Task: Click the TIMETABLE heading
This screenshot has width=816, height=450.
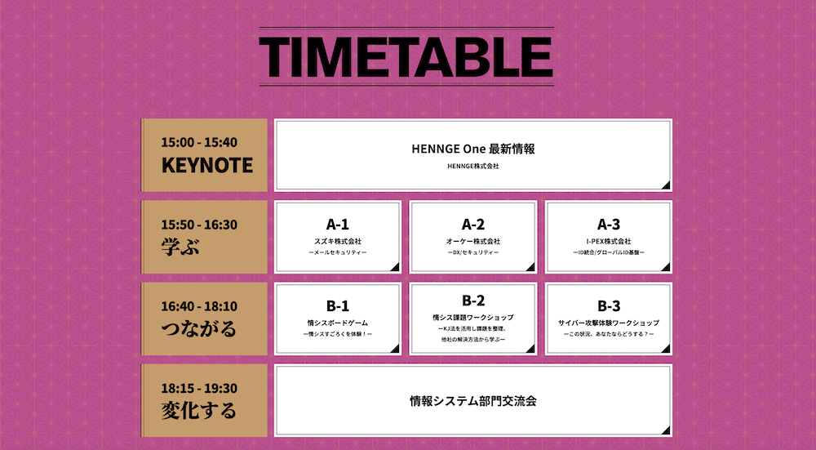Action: (x=406, y=57)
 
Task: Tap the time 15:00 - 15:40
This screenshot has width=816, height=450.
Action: (x=199, y=142)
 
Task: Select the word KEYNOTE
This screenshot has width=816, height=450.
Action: (x=207, y=165)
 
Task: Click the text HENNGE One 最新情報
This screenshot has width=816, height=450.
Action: (x=473, y=149)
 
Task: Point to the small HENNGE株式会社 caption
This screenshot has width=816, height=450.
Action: (x=473, y=166)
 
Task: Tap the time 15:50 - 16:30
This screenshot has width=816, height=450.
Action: (x=199, y=225)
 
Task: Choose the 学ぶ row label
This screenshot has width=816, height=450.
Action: (x=180, y=247)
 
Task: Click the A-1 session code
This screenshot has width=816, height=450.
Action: (x=338, y=225)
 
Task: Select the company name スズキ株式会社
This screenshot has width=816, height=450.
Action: (x=338, y=241)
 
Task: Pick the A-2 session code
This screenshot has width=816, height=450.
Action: (x=473, y=225)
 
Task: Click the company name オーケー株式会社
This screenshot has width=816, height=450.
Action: (x=473, y=241)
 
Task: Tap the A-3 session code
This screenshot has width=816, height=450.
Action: (x=609, y=225)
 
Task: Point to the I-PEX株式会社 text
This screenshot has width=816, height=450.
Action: (x=609, y=241)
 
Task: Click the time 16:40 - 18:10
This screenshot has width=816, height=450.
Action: (x=199, y=306)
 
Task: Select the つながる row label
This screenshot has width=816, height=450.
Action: (x=199, y=328)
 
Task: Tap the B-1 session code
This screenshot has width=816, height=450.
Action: (x=338, y=305)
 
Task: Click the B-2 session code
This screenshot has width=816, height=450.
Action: (x=473, y=301)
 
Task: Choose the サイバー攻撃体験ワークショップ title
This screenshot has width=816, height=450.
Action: (x=609, y=323)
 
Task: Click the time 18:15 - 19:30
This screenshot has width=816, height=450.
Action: (x=199, y=389)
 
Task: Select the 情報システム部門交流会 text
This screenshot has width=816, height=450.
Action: (x=473, y=401)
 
